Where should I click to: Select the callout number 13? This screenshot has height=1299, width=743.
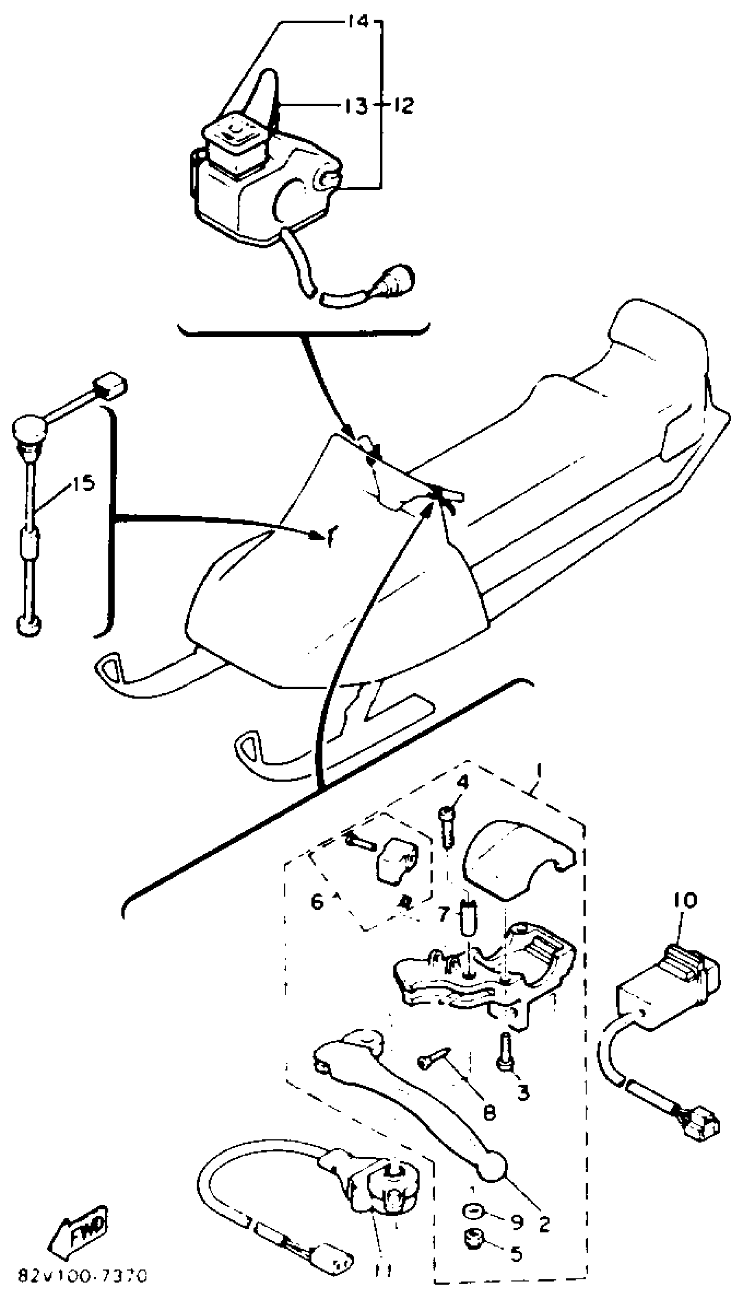[x=354, y=107]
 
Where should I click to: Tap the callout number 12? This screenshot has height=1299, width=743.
[x=403, y=106]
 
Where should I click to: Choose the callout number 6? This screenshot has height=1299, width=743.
[x=316, y=902]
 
